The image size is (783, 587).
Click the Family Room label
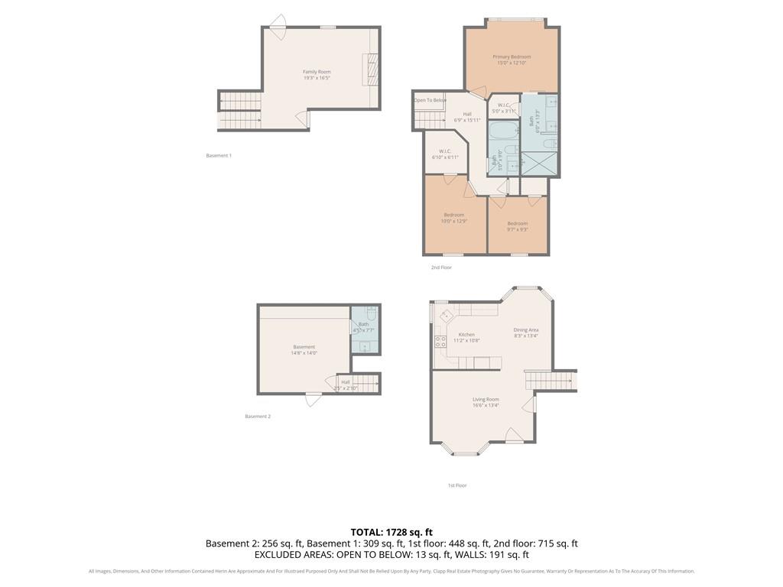coord(317,75)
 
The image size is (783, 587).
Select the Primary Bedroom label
coord(512,60)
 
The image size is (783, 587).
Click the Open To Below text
coord(430,100)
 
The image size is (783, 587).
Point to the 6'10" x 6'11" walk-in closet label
coord(445,154)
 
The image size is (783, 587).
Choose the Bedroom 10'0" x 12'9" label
coord(454,218)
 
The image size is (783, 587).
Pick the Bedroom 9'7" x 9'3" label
coord(518,226)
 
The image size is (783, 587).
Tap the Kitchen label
coord(466,337)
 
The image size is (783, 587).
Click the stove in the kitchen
coord(440,342)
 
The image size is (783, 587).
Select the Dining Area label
coord(526,332)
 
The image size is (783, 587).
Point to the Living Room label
coord(486,402)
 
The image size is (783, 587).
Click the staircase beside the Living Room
coord(549,381)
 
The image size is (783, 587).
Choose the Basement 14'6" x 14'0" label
coord(304,350)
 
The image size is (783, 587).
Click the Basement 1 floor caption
coord(219,156)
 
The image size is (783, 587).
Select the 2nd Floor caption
coord(441,268)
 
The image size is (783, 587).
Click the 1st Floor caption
coord(457,485)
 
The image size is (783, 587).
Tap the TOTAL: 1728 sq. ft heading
coord(391,532)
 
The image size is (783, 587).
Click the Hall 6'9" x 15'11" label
coord(467,117)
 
